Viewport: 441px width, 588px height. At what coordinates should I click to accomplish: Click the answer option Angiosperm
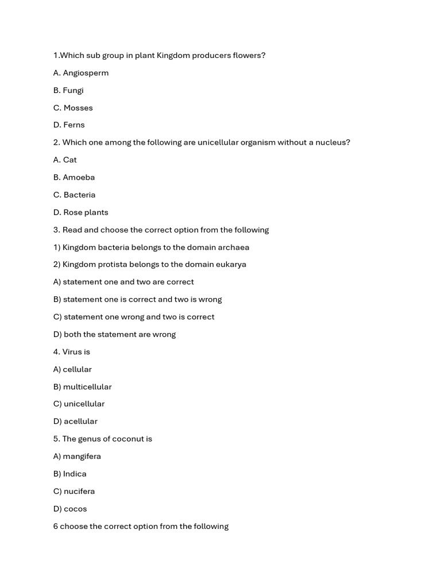click(85, 73)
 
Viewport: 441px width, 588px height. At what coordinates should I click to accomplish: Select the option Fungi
click(73, 90)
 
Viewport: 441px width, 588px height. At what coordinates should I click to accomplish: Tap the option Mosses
click(78, 108)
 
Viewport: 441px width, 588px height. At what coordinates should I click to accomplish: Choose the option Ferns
click(73, 125)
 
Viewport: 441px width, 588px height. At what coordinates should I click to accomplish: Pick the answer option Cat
click(69, 160)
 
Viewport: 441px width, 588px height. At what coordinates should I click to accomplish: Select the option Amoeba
click(79, 177)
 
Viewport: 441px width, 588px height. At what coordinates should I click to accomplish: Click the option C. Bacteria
click(75, 195)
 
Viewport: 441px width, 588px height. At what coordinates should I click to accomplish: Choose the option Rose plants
click(86, 212)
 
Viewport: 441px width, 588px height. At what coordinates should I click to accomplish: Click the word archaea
click(232, 247)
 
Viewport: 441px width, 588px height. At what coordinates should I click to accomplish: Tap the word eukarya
click(231, 265)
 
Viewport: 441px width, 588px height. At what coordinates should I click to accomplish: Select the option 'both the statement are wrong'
click(119, 334)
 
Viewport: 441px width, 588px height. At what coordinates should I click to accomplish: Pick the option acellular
click(80, 421)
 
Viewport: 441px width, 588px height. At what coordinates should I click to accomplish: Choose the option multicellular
click(87, 387)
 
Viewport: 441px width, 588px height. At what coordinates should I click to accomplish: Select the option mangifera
click(82, 457)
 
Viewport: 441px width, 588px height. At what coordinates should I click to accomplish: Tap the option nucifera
click(79, 492)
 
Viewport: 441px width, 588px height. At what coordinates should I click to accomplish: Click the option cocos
click(75, 509)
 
